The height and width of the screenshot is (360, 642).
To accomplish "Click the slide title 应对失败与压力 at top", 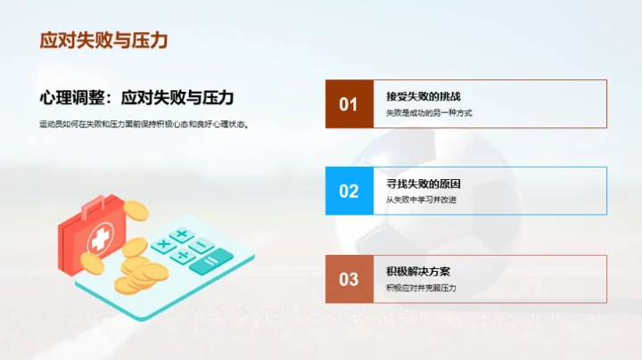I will (104, 41).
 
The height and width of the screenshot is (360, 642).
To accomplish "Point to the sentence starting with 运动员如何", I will (144, 125).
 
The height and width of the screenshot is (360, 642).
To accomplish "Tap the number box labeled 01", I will (349, 104).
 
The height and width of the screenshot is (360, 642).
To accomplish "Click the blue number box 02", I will (349, 191).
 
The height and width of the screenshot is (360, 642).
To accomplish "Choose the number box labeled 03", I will (349, 279).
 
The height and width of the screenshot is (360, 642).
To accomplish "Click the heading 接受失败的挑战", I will (424, 96).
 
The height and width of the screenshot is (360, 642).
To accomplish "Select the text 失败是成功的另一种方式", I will (429, 113).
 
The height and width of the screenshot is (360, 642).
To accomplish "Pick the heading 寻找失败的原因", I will (424, 184).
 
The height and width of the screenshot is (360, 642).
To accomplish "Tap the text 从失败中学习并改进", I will (422, 200).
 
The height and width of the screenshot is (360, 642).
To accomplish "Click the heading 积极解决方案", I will (417, 271).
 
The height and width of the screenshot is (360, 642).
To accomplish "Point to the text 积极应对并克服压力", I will (422, 288).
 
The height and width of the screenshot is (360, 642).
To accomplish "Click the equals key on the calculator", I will (210, 261).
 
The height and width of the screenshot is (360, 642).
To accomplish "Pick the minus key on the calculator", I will (202, 244).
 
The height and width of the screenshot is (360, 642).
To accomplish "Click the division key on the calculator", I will (184, 257).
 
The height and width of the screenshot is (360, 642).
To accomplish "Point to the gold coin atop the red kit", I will (136, 211).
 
